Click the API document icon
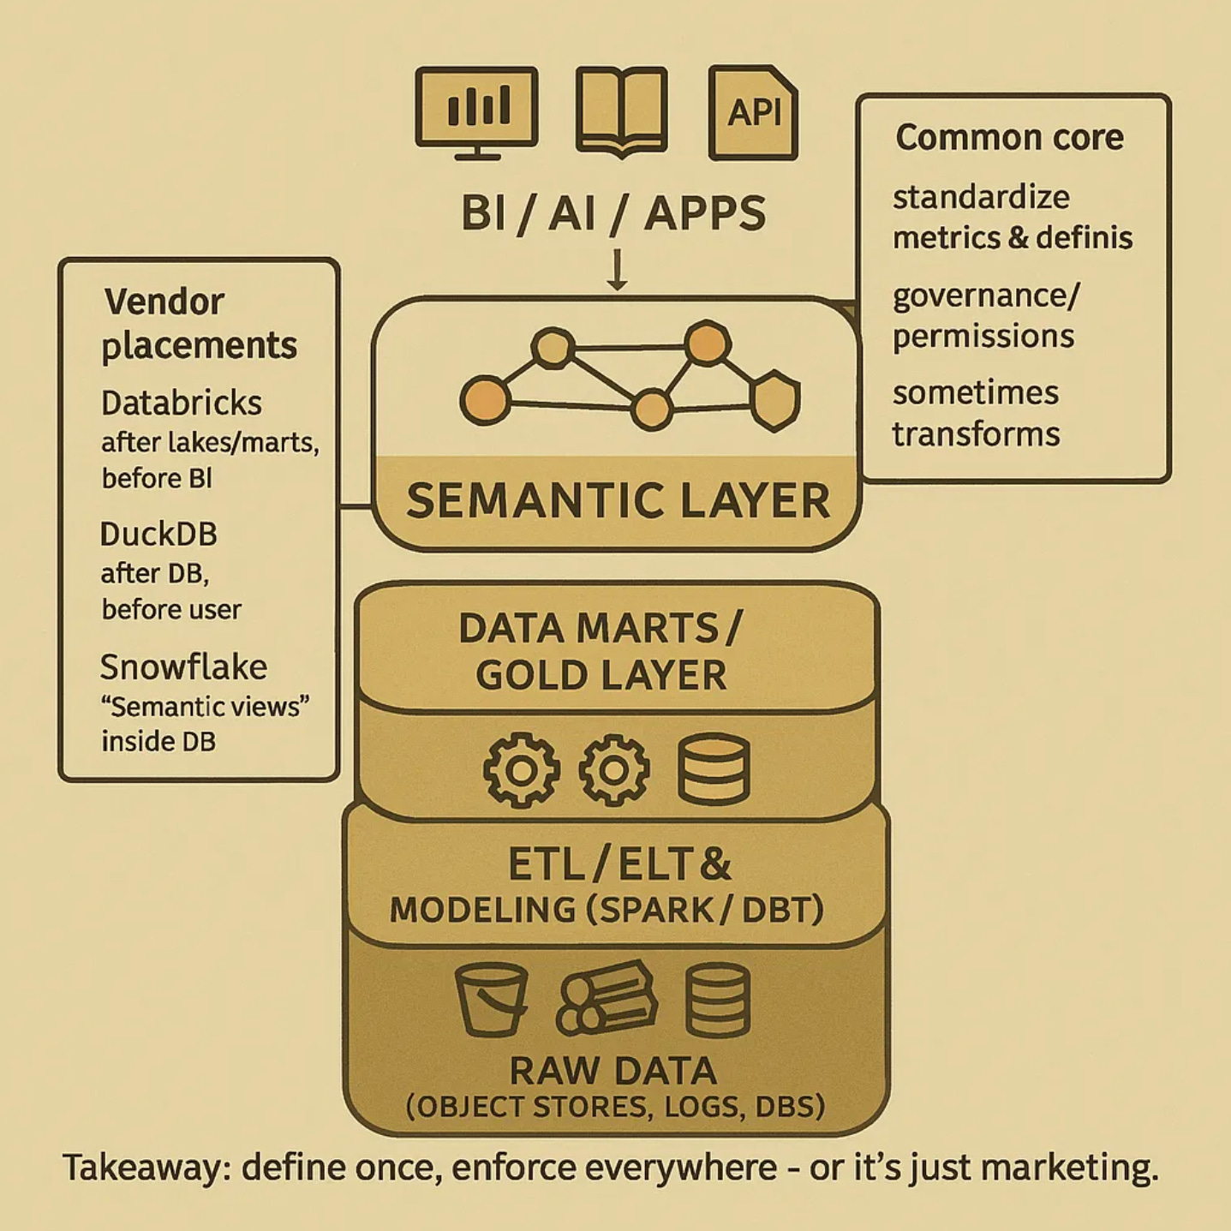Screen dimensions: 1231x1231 753,112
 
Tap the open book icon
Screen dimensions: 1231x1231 621,112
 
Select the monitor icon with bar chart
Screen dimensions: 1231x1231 477,112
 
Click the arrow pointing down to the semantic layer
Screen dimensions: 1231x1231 617,270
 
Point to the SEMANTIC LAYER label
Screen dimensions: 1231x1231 618,501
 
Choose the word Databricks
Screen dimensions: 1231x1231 182,403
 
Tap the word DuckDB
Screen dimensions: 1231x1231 158,534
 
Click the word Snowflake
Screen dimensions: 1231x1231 183,666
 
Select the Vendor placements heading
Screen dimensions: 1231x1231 199,324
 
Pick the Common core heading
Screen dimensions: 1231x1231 1009,137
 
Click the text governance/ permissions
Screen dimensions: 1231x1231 985,315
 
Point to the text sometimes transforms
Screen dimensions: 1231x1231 976,413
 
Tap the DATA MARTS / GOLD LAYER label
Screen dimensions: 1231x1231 601,651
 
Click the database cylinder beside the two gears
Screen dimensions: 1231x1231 714,769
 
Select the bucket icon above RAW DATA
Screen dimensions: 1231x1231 491,999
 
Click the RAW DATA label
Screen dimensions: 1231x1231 613,1071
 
